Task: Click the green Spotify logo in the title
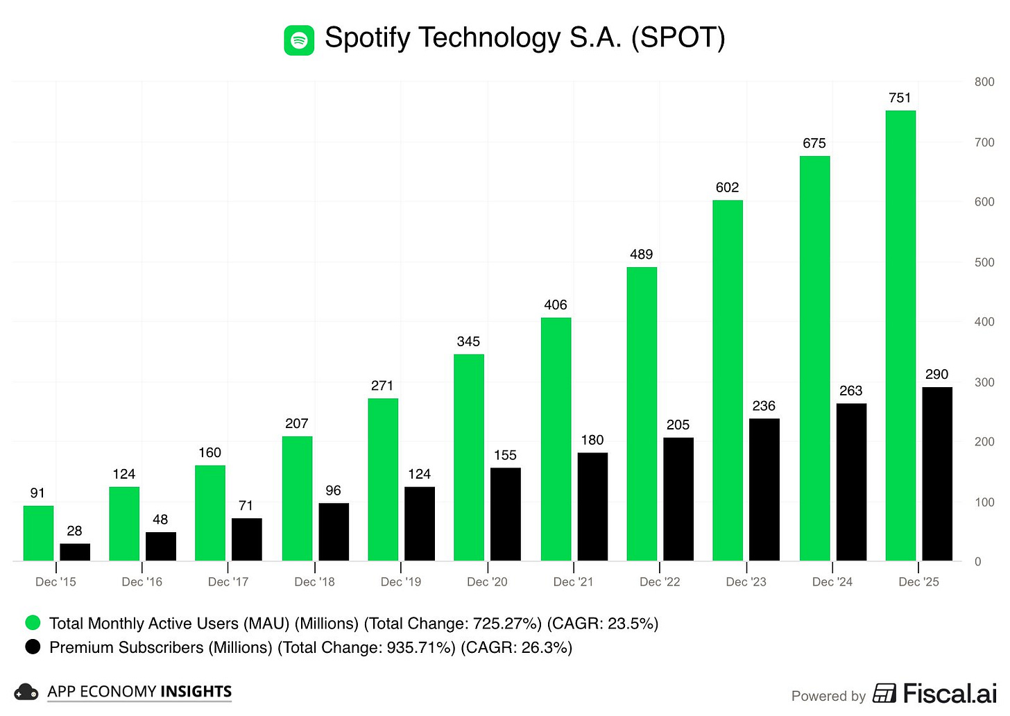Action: [x=299, y=40]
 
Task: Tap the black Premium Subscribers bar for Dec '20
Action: [x=505, y=514]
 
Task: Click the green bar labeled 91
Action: [x=38, y=533]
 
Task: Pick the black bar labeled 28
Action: [x=75, y=552]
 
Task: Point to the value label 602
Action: [x=728, y=187]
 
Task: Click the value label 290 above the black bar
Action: [x=936, y=375]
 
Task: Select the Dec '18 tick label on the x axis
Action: [x=314, y=582]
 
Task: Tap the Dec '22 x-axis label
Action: [x=660, y=582]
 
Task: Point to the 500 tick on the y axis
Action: [x=984, y=262]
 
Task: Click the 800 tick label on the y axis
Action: [x=984, y=82]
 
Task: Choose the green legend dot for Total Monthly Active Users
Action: [x=33, y=622]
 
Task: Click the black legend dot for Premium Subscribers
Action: [x=33, y=647]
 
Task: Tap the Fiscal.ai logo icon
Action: [x=884, y=693]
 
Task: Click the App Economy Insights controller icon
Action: [x=26, y=692]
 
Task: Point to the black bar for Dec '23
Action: [x=764, y=489]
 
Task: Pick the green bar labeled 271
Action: [x=383, y=479]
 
